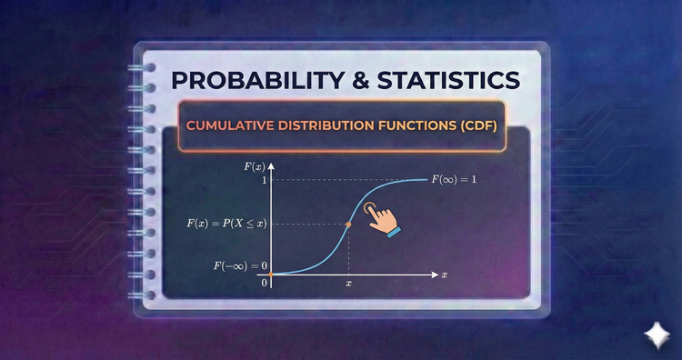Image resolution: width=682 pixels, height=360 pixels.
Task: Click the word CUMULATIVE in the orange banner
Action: coord(229,125)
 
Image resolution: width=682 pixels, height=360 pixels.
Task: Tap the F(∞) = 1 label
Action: coord(455,179)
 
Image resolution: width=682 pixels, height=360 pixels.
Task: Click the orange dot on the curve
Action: coord(349,224)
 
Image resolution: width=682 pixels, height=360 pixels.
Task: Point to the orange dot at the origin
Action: coord(271,274)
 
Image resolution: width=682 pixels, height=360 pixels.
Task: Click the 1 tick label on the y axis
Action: coord(263,180)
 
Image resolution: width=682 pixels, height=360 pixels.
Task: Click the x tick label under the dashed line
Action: coord(349,284)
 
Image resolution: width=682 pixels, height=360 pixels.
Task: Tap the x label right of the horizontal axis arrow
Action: coord(445,274)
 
